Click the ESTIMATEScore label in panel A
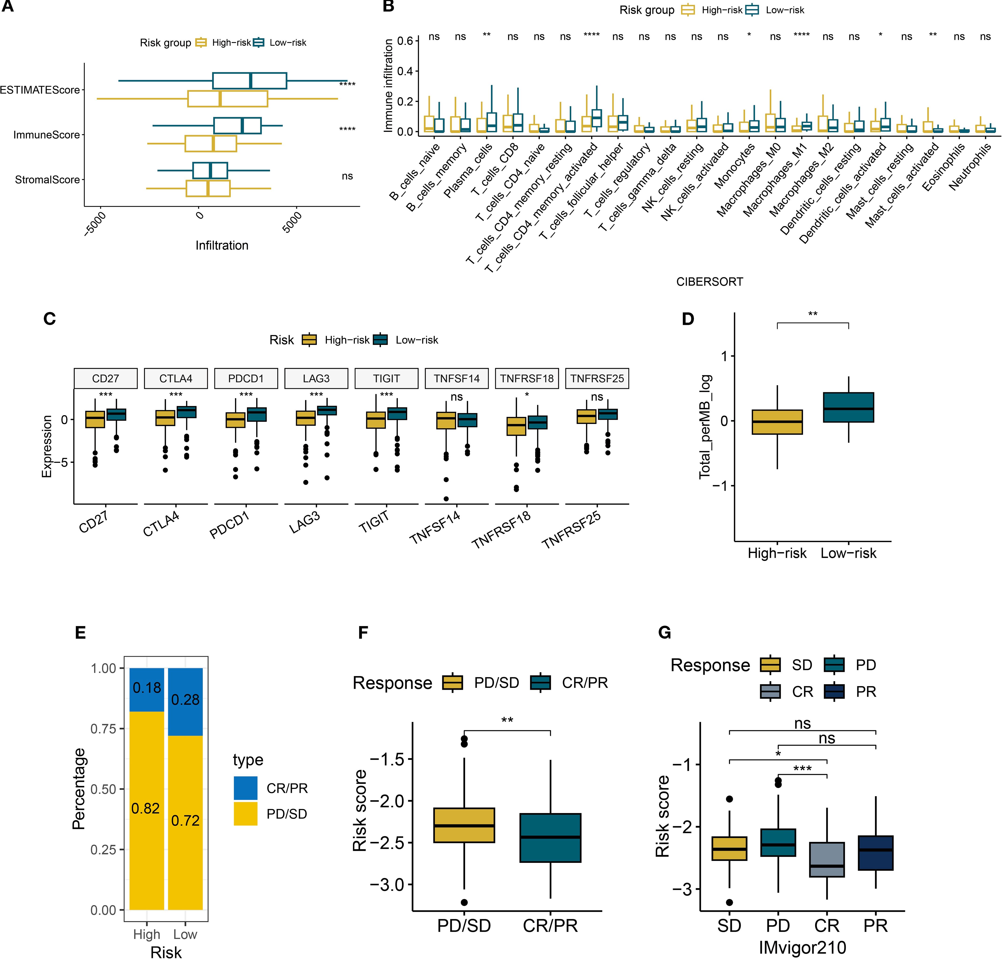(40, 90)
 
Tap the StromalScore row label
(47, 180)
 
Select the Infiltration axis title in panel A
(222, 245)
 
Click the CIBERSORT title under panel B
(710, 282)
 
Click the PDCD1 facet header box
(246, 378)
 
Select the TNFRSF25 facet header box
(597, 378)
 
